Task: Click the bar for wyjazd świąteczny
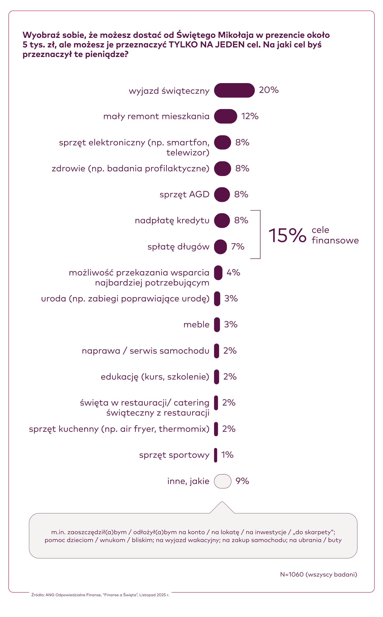[x=234, y=90]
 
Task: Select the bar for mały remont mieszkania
[x=225, y=116]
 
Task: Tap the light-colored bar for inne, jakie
[x=222, y=481]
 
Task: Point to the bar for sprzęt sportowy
[x=216, y=455]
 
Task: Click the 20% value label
[x=269, y=90]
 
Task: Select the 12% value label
[x=250, y=116]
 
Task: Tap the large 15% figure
[x=287, y=235]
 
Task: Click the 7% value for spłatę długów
[x=238, y=246]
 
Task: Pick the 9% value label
[x=242, y=481]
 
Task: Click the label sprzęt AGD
[x=184, y=194]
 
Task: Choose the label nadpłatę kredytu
[x=172, y=220]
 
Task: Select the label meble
[x=196, y=324]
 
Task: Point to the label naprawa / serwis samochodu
[x=145, y=351]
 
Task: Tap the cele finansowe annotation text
[x=335, y=235]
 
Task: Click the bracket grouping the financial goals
[x=260, y=234]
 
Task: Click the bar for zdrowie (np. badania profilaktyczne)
[x=222, y=168]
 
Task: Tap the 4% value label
[x=233, y=272]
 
